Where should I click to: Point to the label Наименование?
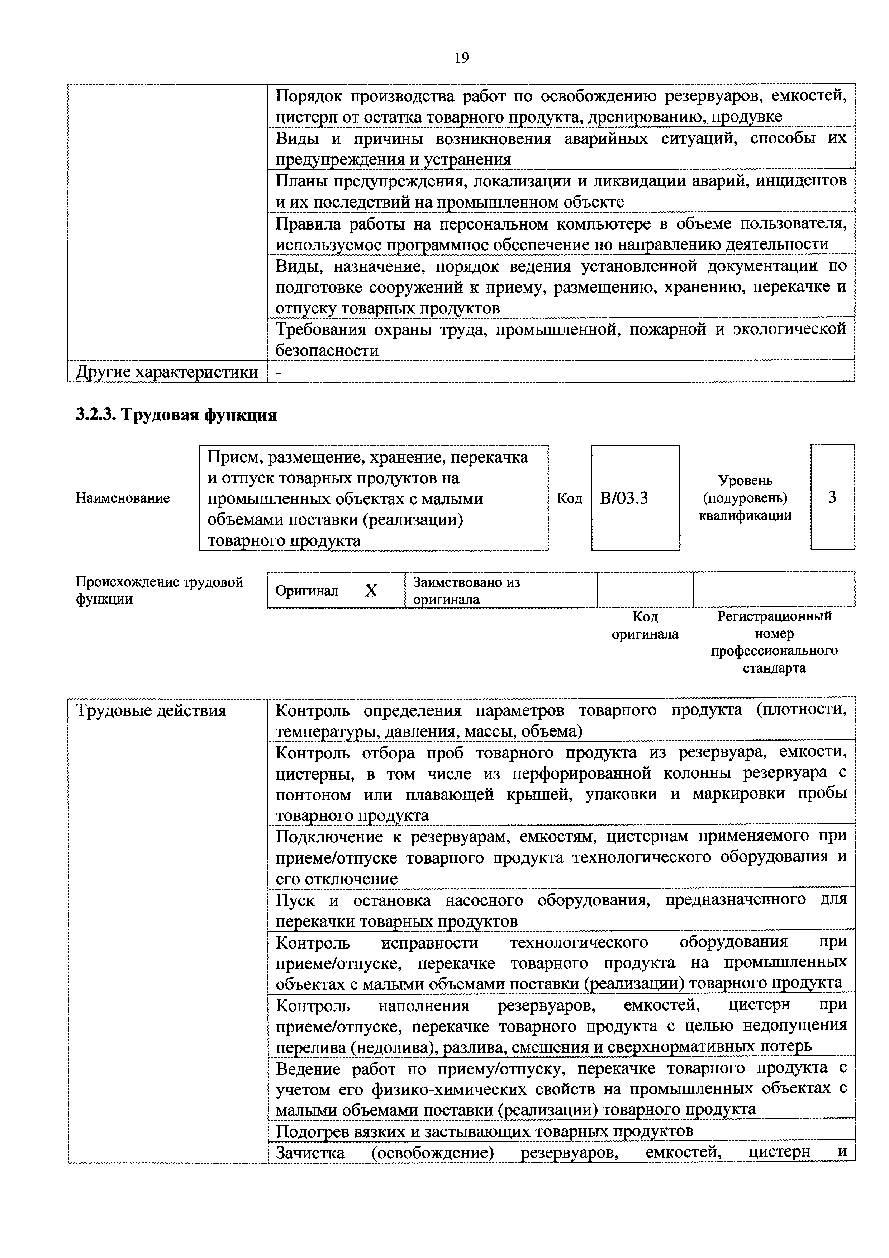coord(123,498)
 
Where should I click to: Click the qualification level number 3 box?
coord(832,497)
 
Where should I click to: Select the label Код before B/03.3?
coord(569,498)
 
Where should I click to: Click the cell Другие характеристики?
coord(167,372)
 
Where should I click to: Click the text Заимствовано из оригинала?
coord(466,590)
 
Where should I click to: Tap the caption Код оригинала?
coord(645,625)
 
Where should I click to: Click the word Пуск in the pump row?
coord(295,901)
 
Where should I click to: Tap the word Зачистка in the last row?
coord(310,1152)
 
